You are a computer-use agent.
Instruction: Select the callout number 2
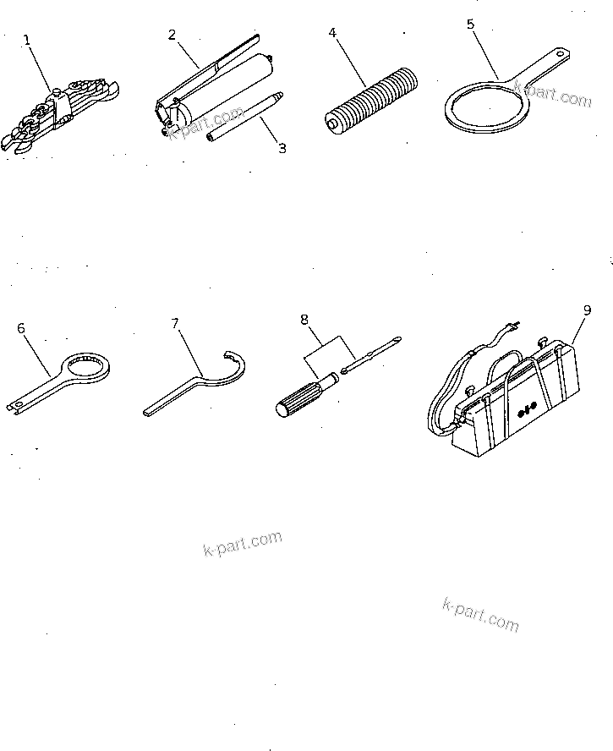(x=172, y=35)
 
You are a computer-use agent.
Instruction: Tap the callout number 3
(x=282, y=148)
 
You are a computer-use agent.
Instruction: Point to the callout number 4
(x=332, y=33)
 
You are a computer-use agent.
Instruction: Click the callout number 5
(x=470, y=24)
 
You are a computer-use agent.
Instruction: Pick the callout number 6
(x=21, y=328)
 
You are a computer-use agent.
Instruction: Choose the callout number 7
(x=175, y=324)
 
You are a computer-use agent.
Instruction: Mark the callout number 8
(x=304, y=320)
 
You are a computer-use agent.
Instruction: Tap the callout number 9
(x=587, y=310)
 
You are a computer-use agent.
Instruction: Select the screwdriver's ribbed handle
(x=300, y=397)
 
